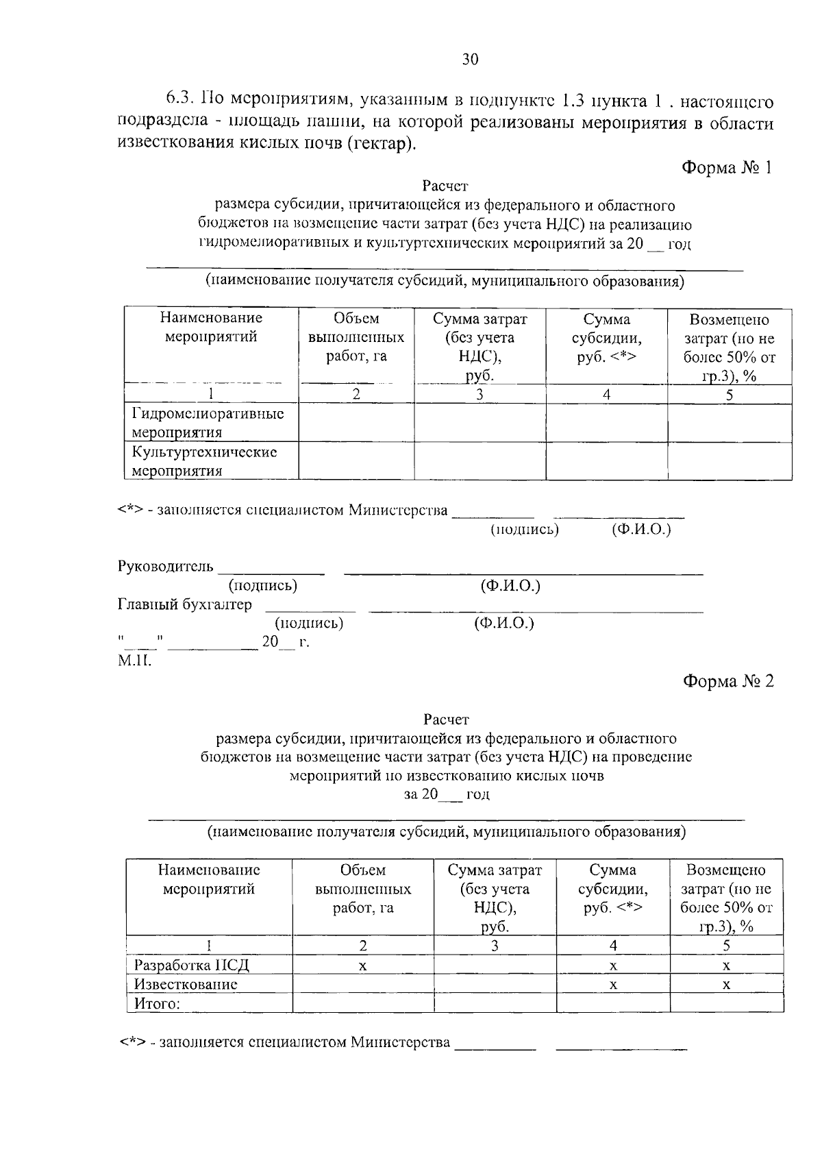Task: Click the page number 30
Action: tap(470, 60)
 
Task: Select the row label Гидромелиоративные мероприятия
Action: tap(208, 423)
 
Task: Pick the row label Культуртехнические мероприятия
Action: tap(204, 461)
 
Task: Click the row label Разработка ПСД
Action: tap(192, 965)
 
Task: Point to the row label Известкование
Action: tap(186, 984)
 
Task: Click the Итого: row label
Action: tap(157, 1003)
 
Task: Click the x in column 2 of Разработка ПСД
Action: tap(363, 966)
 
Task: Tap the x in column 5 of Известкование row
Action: tap(726, 985)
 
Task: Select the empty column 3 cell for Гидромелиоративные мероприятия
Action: tap(480, 423)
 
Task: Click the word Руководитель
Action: tap(166, 567)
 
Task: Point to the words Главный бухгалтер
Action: tap(185, 604)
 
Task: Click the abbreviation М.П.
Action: tap(134, 661)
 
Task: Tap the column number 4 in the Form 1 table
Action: tap(606, 395)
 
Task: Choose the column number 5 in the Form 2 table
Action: tap(726, 946)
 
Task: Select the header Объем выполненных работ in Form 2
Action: tap(362, 889)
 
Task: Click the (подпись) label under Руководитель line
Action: tap(263, 585)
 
